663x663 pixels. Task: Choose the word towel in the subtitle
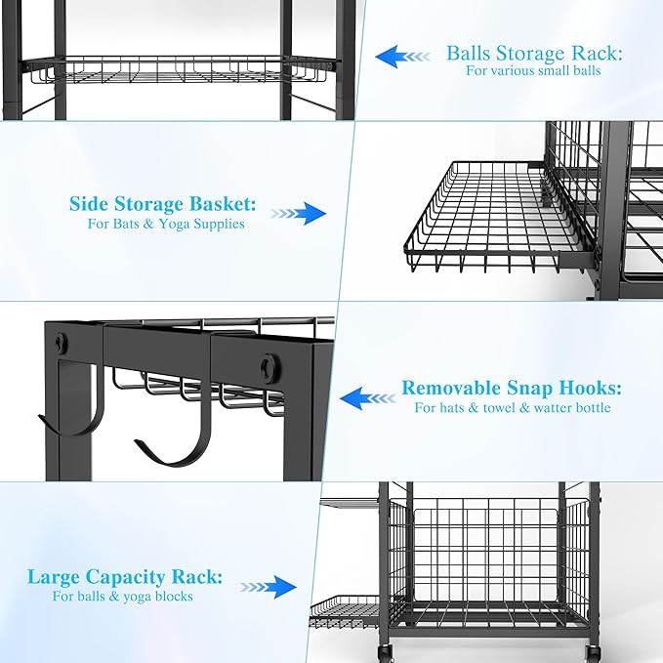(515, 407)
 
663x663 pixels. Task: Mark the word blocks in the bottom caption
(173, 596)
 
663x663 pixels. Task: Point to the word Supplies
(216, 224)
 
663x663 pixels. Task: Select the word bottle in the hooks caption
(590, 407)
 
